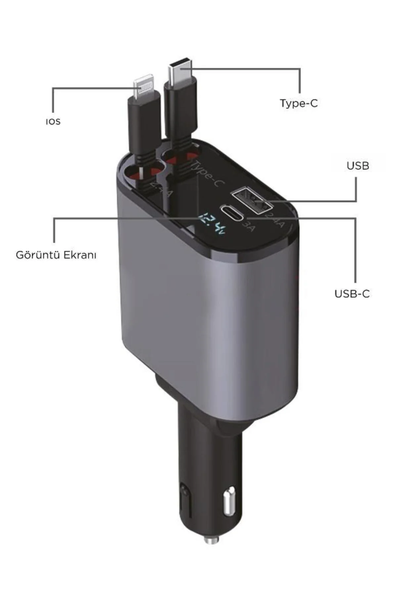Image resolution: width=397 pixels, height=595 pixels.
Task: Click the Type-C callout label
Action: [x=299, y=103]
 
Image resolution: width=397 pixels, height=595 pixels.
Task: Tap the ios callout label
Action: [x=53, y=121]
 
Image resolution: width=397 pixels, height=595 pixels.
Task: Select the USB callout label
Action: [x=358, y=166]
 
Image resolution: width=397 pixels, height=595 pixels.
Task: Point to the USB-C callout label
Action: [x=352, y=294]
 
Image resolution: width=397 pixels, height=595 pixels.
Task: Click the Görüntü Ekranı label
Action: [x=56, y=255]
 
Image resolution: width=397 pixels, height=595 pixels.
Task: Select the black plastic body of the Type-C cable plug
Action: [x=180, y=106]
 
